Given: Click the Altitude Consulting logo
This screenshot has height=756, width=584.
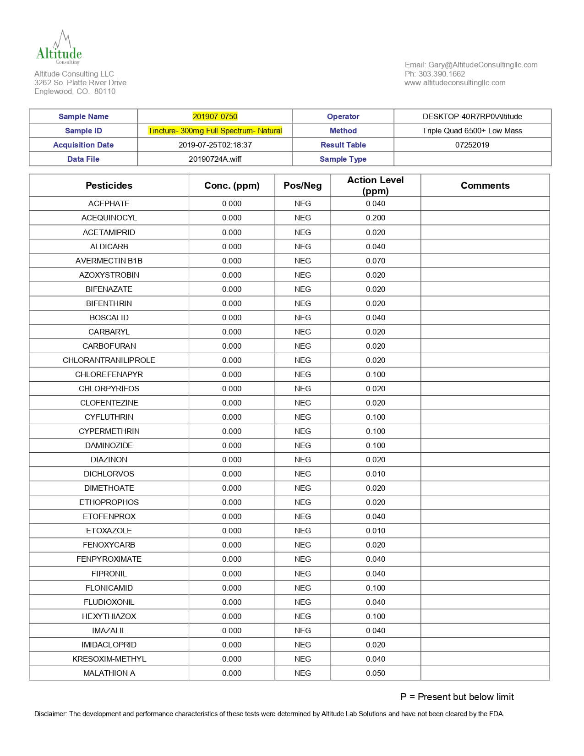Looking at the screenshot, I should (x=59, y=48).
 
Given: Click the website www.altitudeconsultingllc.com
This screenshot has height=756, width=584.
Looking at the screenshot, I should (x=455, y=82).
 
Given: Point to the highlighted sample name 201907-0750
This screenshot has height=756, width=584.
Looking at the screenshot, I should (x=215, y=116).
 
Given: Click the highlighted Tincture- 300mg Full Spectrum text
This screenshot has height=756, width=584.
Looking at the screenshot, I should (x=215, y=131).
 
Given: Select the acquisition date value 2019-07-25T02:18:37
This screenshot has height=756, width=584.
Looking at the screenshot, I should (x=215, y=145).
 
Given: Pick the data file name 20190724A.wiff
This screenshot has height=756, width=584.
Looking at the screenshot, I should (x=215, y=159).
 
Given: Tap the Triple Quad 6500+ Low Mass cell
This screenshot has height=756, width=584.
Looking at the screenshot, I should (x=472, y=131).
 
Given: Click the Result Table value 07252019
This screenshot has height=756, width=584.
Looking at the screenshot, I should (x=472, y=145).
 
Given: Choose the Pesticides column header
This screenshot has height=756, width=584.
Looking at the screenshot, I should (x=109, y=186).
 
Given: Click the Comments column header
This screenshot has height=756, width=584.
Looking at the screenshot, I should (x=485, y=186).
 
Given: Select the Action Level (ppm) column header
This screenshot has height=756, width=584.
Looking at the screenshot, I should (x=375, y=186).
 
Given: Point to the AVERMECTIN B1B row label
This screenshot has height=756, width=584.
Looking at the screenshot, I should (x=109, y=261).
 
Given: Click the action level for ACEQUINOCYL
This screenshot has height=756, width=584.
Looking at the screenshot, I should (x=376, y=218).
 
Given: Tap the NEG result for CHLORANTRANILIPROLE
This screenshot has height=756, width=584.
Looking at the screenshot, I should (x=302, y=360).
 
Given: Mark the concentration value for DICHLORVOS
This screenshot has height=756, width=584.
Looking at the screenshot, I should (x=232, y=474).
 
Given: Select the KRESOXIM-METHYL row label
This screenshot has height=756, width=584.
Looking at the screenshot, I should (x=109, y=659).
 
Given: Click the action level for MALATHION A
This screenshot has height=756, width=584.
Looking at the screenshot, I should (x=376, y=673).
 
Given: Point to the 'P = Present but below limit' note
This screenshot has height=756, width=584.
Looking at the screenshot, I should (x=457, y=697).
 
